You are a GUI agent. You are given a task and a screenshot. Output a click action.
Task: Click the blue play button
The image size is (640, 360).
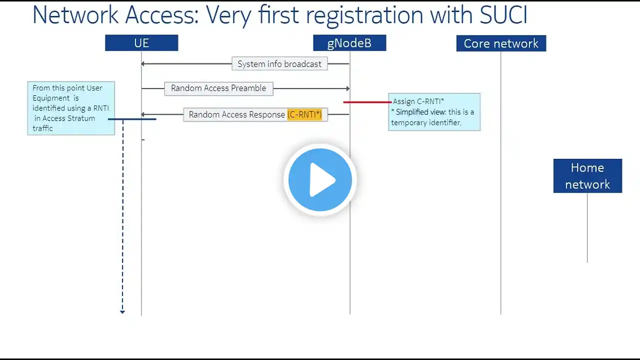coord(320,179)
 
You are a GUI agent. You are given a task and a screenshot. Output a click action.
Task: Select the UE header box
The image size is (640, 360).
coord(141,43)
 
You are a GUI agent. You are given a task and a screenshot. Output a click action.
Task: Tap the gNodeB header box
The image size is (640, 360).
coord(349,43)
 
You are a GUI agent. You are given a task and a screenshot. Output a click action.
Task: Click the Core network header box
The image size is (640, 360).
coord(501,43)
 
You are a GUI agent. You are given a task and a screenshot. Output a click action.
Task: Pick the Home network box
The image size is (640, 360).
coord(587,176)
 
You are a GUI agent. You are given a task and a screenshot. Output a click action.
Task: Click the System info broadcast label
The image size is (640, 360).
coord(279,63)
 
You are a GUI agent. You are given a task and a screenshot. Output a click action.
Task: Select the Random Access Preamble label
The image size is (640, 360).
coord(218,88)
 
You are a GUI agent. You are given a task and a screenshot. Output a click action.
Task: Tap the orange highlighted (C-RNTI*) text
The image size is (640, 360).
coord(304,114)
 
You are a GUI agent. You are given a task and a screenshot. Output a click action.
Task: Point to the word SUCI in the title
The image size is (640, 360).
coord(503,15)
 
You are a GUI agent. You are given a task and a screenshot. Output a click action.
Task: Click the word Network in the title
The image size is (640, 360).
coord(75,15)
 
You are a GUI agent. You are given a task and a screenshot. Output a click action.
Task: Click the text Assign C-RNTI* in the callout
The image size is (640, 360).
coord(418,101)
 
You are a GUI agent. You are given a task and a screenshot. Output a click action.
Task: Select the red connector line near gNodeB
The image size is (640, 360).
coord(367,102)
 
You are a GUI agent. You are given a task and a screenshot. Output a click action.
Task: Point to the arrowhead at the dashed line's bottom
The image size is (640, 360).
coord(122,312)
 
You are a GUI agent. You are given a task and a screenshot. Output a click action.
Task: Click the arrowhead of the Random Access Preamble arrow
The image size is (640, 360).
coord(347,88)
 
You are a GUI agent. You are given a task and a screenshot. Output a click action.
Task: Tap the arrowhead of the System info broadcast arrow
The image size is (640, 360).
coord(143,63)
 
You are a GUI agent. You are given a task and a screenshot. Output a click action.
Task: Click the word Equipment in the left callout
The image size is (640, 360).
coord(51,98)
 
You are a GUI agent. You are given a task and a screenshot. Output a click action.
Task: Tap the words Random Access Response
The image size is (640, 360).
coord(237,114)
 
